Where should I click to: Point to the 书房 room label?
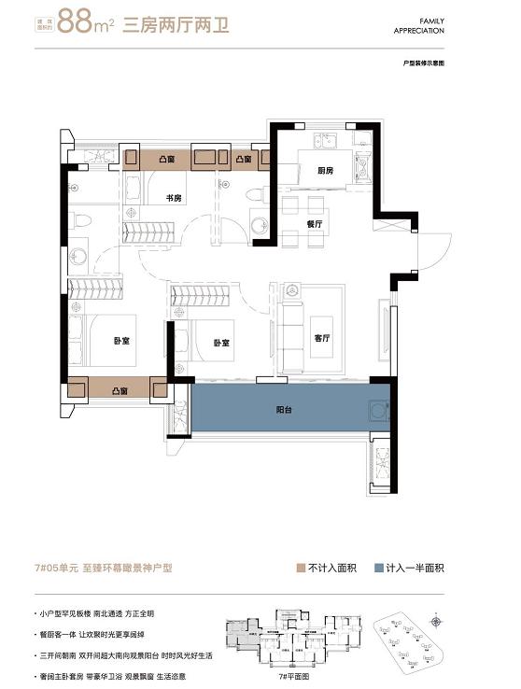(174, 198)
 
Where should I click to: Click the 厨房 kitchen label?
(326, 171)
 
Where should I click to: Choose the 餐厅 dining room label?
(315, 224)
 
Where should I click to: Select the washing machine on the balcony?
(379, 411)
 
